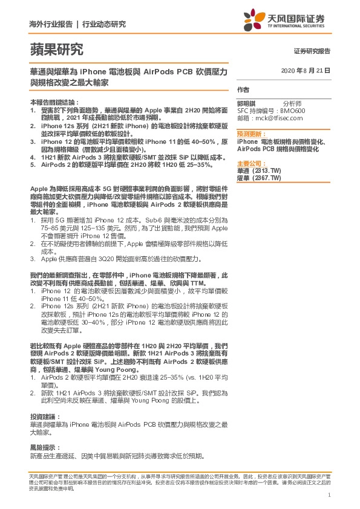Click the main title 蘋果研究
coord(56,50)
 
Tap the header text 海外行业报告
coord(51,24)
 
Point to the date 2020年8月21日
coord(306,71)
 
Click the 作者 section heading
coord(243,89)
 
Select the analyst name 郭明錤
coord(246,104)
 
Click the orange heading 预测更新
coord(250,134)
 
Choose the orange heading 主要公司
coord(250,164)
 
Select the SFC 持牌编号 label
coord(257,111)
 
